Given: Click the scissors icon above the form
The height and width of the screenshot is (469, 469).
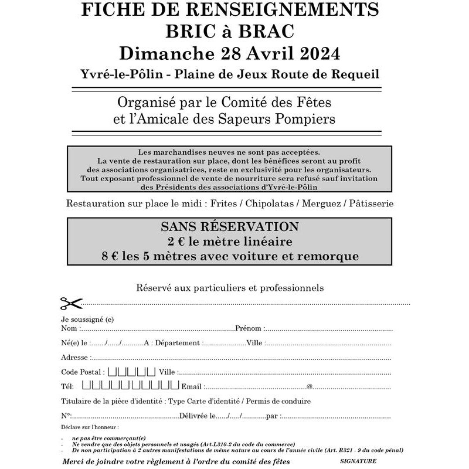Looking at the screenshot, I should [x=71, y=303].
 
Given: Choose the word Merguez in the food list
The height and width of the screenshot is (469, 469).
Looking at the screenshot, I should [x=323, y=203].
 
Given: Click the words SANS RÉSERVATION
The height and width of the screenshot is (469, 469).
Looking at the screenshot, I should [x=230, y=226].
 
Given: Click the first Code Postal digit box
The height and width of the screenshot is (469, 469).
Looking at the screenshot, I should [x=113, y=371].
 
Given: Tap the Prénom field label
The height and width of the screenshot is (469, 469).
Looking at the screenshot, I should [x=249, y=328].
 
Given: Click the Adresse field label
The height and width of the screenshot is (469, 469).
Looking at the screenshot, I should [x=74, y=357].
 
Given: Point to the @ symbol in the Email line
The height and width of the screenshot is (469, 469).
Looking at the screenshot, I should [x=309, y=386].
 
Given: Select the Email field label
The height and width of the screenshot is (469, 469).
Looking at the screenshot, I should [x=192, y=386].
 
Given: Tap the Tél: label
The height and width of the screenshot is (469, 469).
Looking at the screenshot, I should [x=67, y=386].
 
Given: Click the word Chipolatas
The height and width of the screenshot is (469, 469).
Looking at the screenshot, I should [x=272, y=203].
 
